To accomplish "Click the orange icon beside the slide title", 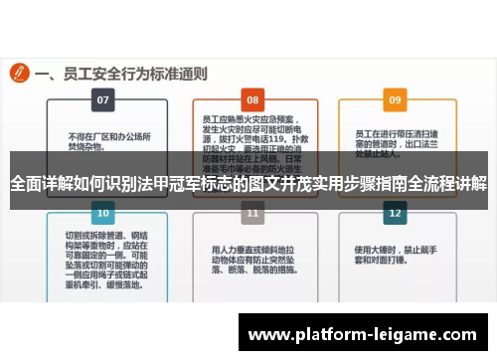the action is pos(18,73).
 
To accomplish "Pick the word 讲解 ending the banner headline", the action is pos(470,184).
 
